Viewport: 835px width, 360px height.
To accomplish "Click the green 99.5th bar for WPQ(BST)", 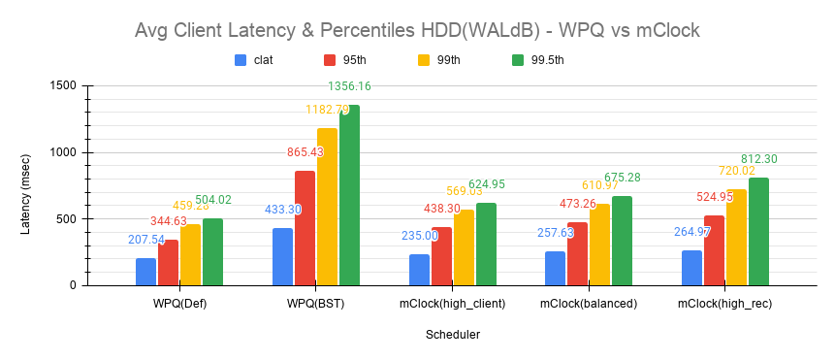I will pyautogui.click(x=349, y=195).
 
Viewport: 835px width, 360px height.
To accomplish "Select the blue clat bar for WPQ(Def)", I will pyautogui.click(x=145, y=272).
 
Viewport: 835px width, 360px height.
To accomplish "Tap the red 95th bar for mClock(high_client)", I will pyautogui.click(x=441, y=256).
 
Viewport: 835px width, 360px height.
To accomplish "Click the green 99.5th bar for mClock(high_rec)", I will pyautogui.click(x=758, y=231).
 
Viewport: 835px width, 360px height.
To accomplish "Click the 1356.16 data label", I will pyautogui.click(x=349, y=86).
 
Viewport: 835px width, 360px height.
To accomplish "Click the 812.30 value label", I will pyautogui.click(x=758, y=159).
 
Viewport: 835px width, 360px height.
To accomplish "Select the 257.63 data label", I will pyautogui.click(x=556, y=233).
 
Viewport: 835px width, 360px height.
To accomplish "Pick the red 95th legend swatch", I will pyautogui.click(x=330, y=59).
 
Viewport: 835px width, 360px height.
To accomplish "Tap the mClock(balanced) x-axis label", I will pyautogui.click(x=589, y=304).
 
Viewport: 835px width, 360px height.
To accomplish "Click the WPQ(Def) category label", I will pyautogui.click(x=179, y=304).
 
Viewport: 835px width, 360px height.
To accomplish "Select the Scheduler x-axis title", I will pyautogui.click(x=453, y=335).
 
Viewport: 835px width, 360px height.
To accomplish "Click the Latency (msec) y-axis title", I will pyautogui.click(x=26, y=185).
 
